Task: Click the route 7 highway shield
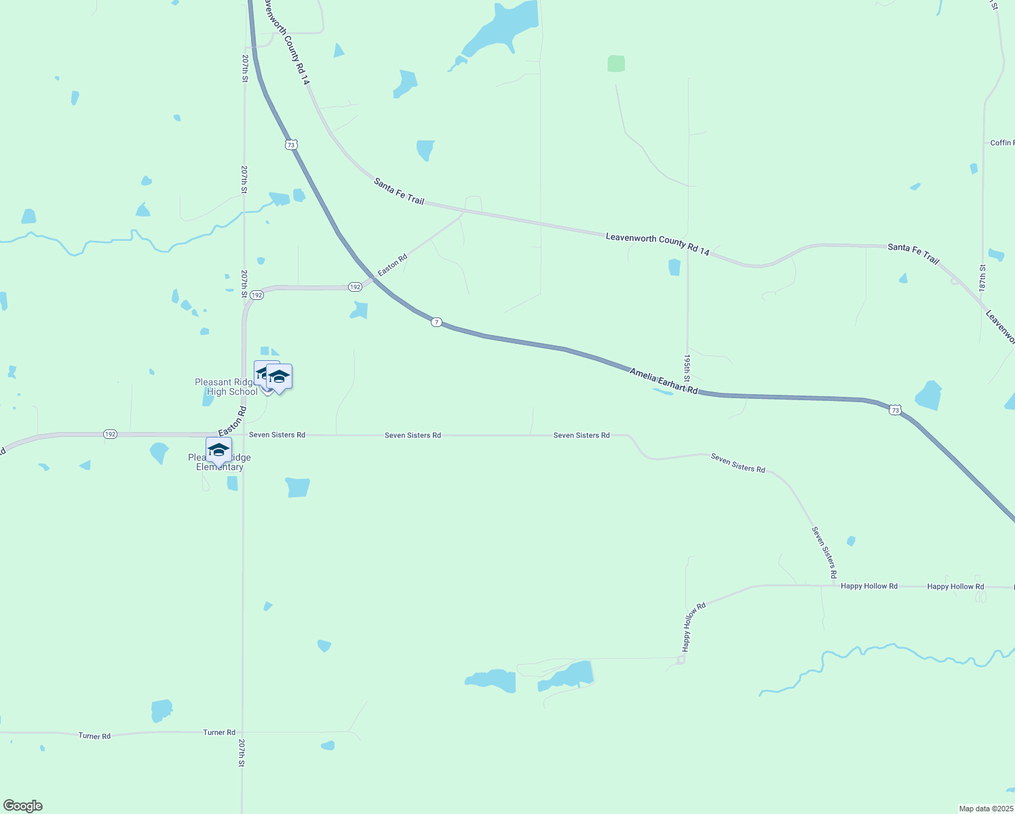(x=437, y=322)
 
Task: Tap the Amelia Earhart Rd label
(x=663, y=381)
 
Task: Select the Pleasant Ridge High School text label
(x=226, y=387)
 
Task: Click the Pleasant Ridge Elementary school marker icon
(x=218, y=450)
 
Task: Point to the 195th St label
(x=687, y=367)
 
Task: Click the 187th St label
(x=982, y=278)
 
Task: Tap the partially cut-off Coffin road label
(x=1001, y=143)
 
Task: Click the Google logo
(x=23, y=806)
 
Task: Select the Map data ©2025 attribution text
(x=985, y=809)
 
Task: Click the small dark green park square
(x=616, y=64)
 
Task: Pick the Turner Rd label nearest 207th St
(x=219, y=733)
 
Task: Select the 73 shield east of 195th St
(x=896, y=410)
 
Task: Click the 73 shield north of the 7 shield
(x=291, y=144)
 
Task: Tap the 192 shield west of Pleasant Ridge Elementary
(x=110, y=434)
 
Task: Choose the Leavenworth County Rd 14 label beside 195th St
(x=657, y=244)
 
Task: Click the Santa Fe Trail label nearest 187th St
(x=913, y=254)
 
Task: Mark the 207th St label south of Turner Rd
(x=241, y=753)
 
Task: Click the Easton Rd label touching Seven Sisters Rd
(x=232, y=421)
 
